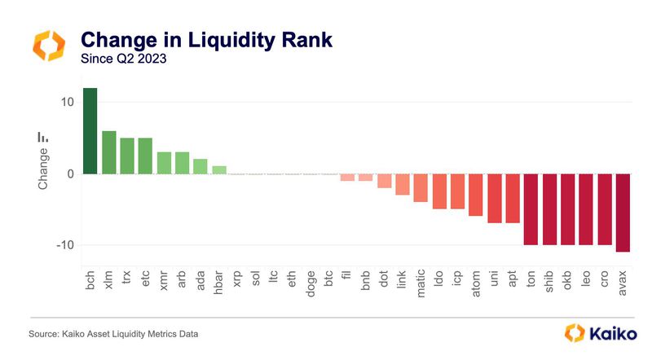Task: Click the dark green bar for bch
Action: [90, 130]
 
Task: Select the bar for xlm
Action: [108, 152]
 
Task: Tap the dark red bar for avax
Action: [624, 213]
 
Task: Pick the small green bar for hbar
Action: [218, 169]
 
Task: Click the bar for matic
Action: [421, 187]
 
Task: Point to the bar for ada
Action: [201, 166]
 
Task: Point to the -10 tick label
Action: [64, 245]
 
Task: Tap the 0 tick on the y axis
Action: [71, 173]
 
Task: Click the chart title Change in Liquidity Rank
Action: [205, 39]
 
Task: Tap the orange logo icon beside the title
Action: [47, 46]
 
